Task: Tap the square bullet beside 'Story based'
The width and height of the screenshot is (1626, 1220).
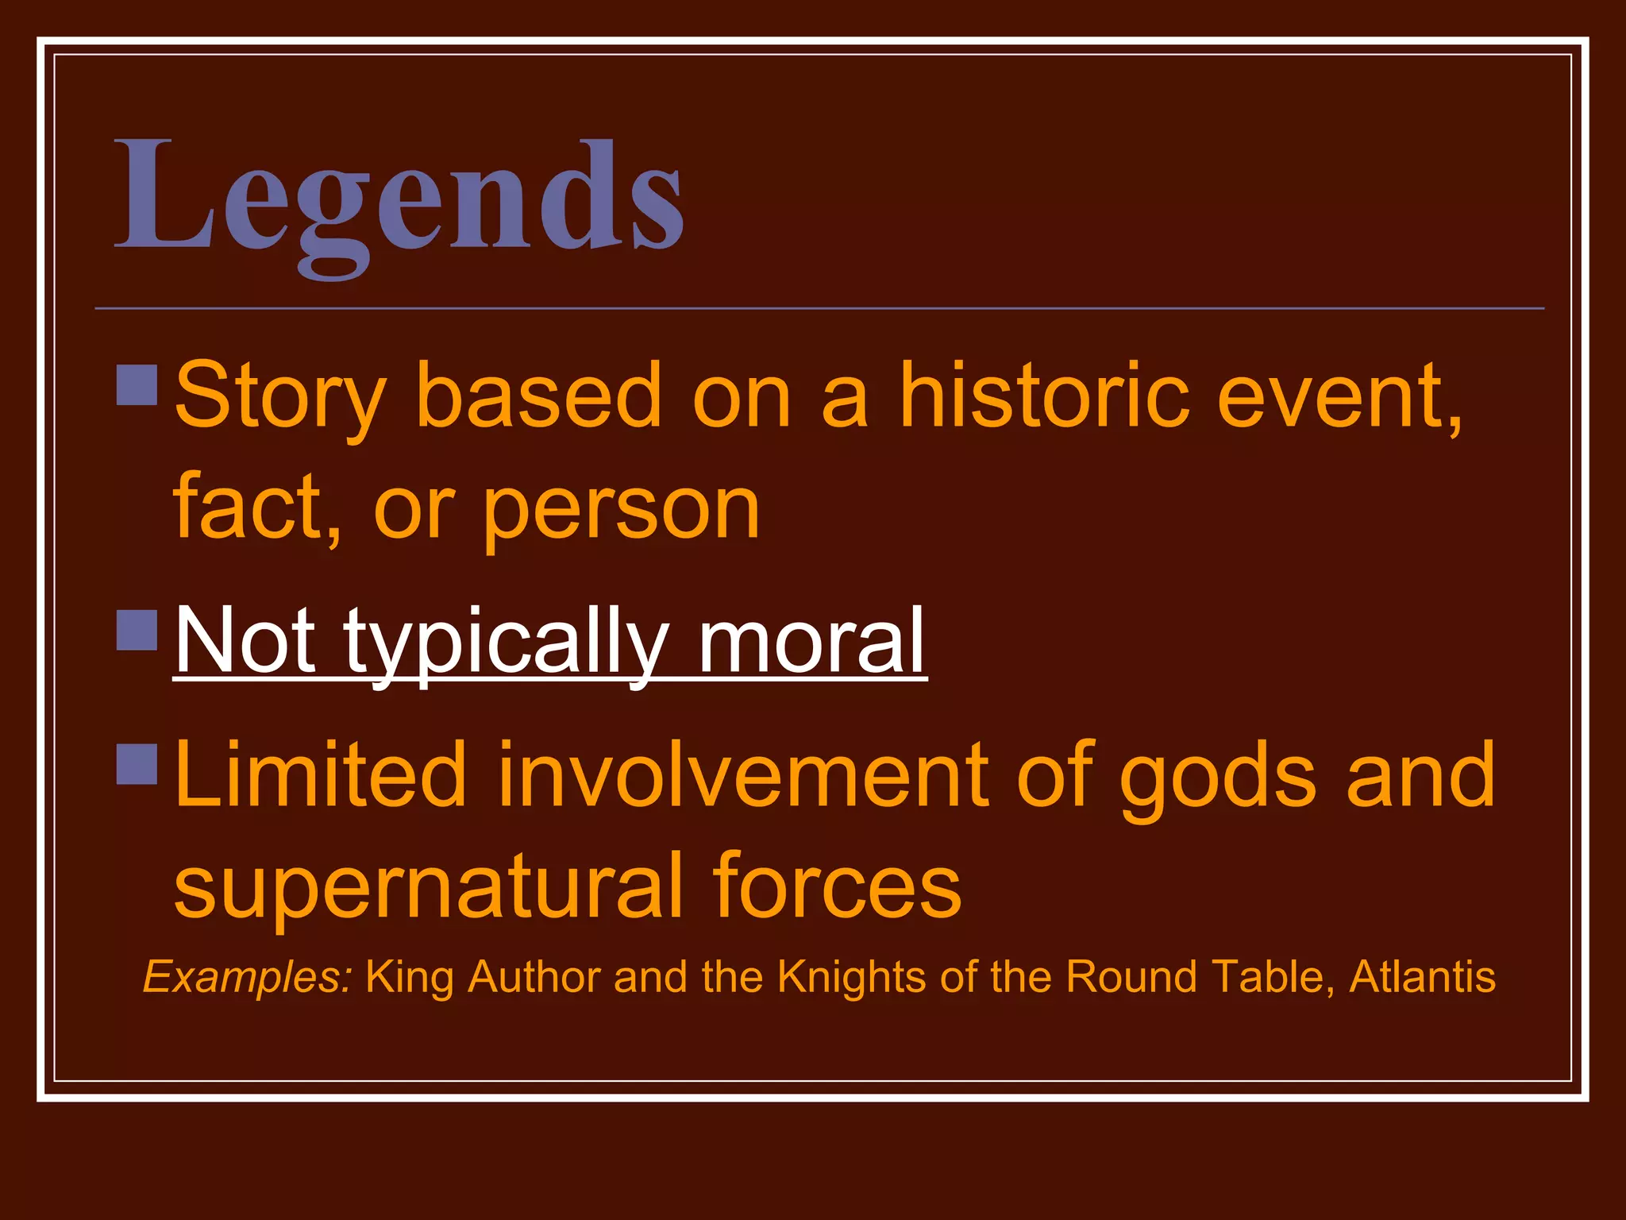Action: coord(137,385)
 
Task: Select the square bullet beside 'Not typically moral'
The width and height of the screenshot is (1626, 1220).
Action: coord(137,631)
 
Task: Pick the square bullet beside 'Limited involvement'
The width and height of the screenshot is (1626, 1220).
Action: coord(137,764)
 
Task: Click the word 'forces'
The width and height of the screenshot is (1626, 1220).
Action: coord(837,885)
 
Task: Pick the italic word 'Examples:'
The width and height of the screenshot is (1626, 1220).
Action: coord(247,978)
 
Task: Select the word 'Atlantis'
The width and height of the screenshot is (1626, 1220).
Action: coord(1422,976)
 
